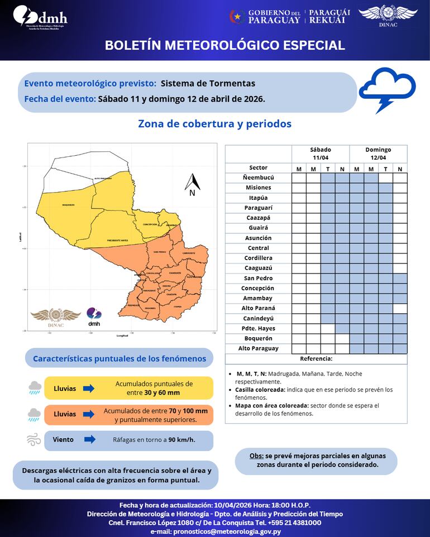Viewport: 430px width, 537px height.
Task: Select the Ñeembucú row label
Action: click(258, 178)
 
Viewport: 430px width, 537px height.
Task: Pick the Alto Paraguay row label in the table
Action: click(258, 348)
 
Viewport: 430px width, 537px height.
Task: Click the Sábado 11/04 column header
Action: click(321, 154)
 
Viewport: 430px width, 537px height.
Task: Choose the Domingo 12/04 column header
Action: click(378, 154)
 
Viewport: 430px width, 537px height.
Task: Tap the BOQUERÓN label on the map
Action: click(68, 205)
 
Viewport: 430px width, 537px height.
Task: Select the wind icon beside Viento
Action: click(34, 440)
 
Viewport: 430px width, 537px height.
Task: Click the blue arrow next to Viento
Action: click(88, 439)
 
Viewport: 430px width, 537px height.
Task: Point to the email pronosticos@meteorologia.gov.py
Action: click(215, 531)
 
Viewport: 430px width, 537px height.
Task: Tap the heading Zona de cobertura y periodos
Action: click(214, 124)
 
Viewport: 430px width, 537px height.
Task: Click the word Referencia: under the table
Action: click(316, 359)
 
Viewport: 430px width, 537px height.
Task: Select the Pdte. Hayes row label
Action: click(258, 328)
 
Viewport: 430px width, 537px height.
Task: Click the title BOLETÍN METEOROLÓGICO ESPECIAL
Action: click(224, 45)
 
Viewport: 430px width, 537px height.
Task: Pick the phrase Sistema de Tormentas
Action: click(208, 84)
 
